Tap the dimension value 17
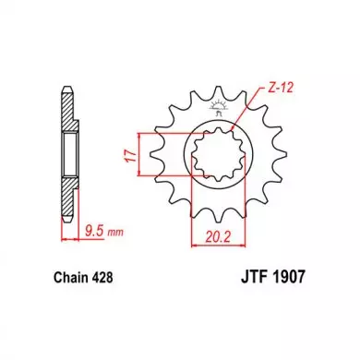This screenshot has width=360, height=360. coord(131,156)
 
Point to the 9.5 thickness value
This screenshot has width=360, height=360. coord(94,231)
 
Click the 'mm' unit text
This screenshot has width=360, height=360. coord(114,233)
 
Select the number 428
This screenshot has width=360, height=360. coord(102,278)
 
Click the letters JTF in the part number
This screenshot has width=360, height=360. coord(252,276)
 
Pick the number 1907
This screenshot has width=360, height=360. coord(287,276)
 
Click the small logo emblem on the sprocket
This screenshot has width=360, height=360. coord(218,107)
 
